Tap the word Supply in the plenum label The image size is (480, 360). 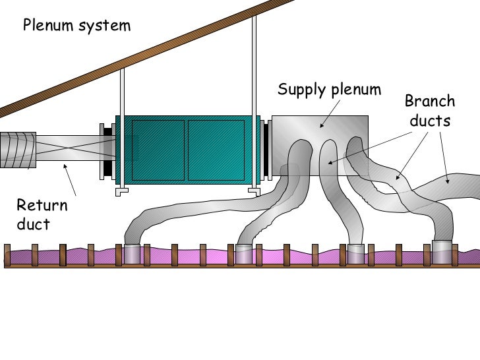tap(300, 90)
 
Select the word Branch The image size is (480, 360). tap(429, 102)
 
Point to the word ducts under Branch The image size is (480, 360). tap(430, 121)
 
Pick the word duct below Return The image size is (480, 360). tap(33, 224)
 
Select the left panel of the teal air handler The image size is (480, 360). tap(158, 150)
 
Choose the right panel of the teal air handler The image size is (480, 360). tap(216, 150)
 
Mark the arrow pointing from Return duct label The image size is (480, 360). tap(70, 179)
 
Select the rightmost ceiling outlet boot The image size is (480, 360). tap(442, 251)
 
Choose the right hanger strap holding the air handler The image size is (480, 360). tap(254, 99)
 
